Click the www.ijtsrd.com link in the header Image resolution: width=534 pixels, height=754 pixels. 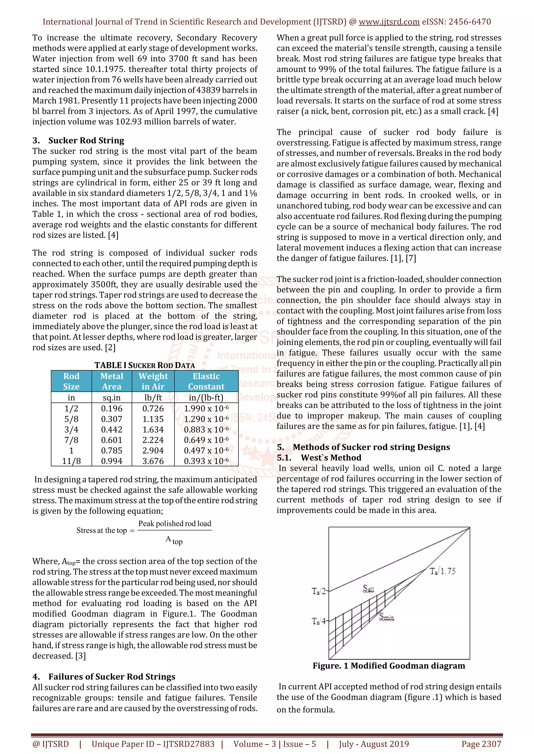(389, 22)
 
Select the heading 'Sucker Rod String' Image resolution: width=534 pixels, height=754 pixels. (86, 141)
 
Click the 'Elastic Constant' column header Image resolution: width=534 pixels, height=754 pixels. (206, 381)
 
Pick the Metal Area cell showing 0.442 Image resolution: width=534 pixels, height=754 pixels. (112, 430)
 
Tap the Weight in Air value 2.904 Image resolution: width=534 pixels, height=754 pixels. (153, 451)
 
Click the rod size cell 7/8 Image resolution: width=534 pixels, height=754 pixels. (71, 440)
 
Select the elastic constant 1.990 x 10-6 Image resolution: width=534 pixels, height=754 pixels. (206, 409)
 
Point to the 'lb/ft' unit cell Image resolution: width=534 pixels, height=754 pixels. (153, 398)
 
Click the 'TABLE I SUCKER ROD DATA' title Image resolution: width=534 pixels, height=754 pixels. (145, 365)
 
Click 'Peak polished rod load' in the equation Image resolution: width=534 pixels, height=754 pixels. (175, 524)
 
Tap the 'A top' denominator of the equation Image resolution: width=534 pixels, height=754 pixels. (174, 540)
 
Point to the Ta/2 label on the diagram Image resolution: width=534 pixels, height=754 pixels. (318, 592)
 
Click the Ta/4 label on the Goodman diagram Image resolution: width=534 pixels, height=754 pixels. (318, 621)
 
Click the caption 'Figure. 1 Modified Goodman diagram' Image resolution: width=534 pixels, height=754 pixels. (389, 666)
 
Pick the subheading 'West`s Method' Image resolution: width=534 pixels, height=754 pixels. (331, 457)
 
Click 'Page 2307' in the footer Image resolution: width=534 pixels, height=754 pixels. (481, 744)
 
